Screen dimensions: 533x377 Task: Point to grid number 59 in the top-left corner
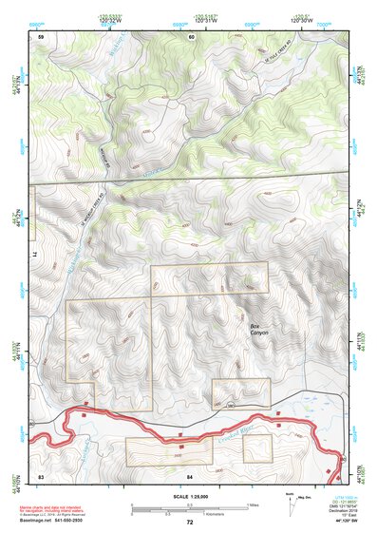tap(41, 36)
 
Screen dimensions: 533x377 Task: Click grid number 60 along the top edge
tap(191, 36)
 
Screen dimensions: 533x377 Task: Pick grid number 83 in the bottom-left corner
tap(41, 472)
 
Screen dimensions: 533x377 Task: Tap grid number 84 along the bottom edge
tap(190, 472)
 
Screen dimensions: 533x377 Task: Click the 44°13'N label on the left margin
tap(18, 85)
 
